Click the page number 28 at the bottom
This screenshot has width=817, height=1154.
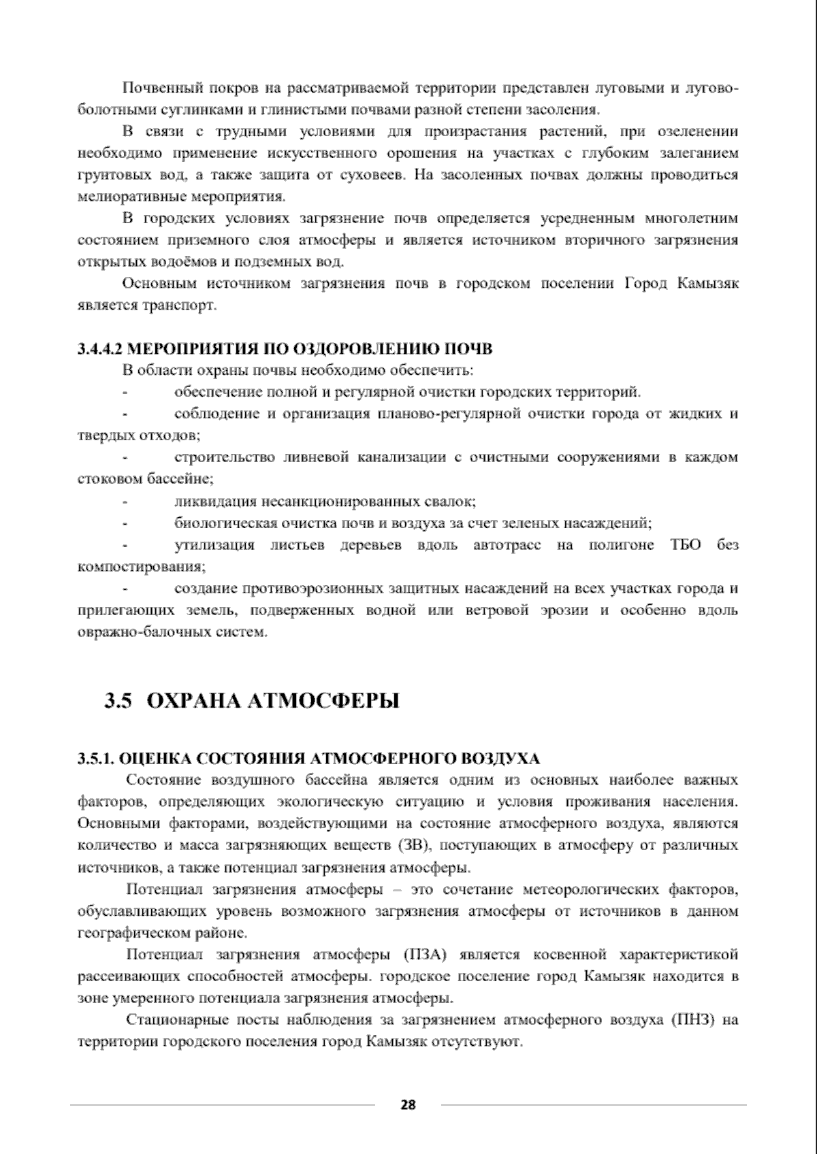pyautogui.click(x=408, y=1104)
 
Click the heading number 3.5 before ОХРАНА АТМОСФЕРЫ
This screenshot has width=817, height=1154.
pyautogui.click(x=117, y=701)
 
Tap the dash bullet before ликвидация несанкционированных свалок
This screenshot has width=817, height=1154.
pyautogui.click(x=125, y=502)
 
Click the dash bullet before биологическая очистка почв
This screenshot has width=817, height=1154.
pyautogui.click(x=125, y=524)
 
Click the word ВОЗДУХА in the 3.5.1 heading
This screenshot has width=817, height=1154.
pyautogui.click(x=500, y=758)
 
